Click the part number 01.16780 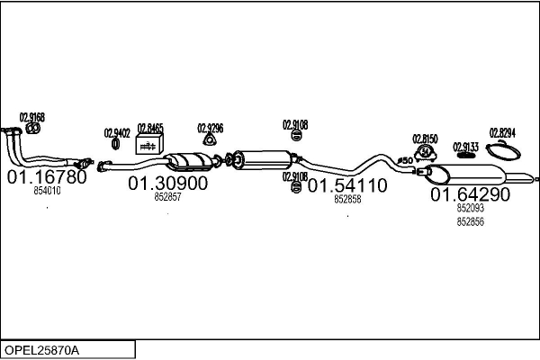47,177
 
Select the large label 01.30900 167,183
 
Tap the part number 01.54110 347,186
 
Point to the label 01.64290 470,193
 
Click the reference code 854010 47,191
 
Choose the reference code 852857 167,196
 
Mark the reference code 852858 347,200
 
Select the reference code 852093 470,208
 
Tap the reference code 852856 470,221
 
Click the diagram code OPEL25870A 41,348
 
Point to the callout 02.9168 31,118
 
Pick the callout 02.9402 117,132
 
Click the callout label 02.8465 150,129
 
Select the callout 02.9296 211,128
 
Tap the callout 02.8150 425,139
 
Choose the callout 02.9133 465,146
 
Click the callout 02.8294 502,132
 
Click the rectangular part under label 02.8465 148,145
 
